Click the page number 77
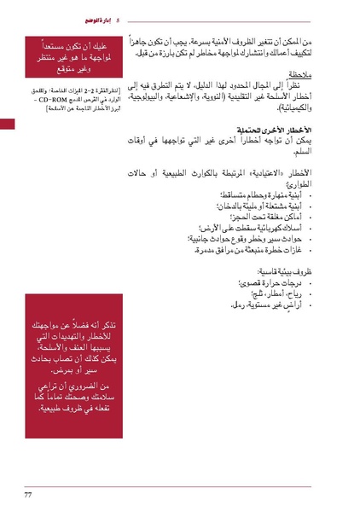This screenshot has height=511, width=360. [x=28, y=495]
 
